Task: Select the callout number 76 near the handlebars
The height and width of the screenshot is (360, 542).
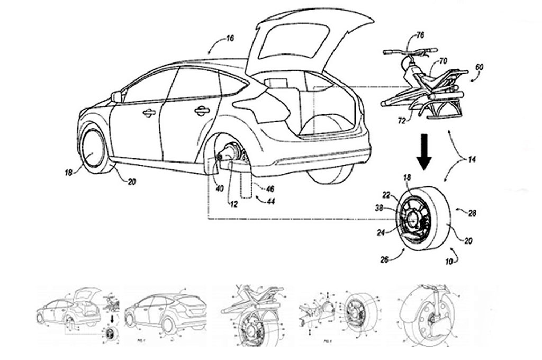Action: pos(420,36)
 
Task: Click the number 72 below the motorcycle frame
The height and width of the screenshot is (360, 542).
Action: pos(402,121)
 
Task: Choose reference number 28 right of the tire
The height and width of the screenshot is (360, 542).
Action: pos(473,213)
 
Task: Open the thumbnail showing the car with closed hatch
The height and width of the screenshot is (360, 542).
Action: pos(166,312)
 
